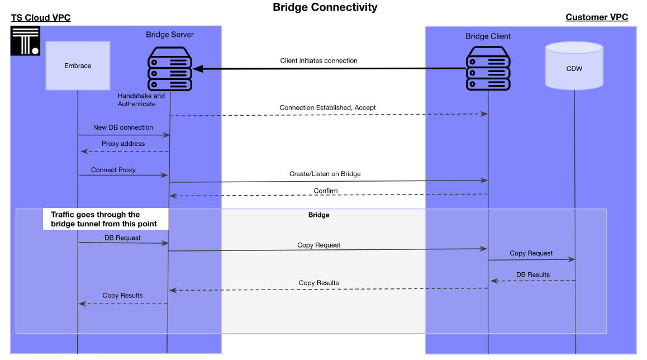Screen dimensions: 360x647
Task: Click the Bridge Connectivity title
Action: (325, 7)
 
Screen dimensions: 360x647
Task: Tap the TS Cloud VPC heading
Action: (41, 17)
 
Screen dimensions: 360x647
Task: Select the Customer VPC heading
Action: (597, 17)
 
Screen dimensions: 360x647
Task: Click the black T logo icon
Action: (25, 41)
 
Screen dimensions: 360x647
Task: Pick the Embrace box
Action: (78, 65)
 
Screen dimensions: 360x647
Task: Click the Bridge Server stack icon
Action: (170, 69)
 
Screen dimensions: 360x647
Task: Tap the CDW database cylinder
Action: (574, 66)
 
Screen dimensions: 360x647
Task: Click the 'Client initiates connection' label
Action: (318, 60)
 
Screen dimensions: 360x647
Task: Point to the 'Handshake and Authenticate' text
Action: (141, 100)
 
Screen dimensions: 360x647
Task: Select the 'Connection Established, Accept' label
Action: (327, 107)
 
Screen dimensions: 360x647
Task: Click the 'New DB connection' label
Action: (123, 127)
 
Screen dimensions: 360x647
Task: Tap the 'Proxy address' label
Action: (123, 144)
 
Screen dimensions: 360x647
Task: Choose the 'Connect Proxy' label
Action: (113, 169)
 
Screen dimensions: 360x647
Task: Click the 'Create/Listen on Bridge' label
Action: (325, 174)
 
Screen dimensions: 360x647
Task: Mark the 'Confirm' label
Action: (325, 191)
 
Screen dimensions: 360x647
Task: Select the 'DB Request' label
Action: (122, 238)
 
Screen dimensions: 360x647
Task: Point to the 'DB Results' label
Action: (532, 274)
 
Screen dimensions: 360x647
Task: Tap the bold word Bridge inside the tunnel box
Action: (318, 215)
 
